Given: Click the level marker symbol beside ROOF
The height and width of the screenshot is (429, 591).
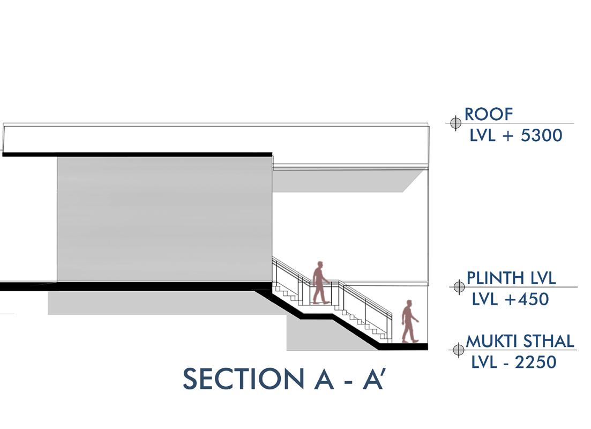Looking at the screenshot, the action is click(x=455, y=123).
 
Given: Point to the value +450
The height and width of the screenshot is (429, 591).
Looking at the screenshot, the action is click(x=527, y=299).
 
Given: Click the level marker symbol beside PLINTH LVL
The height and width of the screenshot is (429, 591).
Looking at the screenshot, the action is click(x=459, y=287).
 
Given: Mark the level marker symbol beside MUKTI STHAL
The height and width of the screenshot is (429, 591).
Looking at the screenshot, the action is click(x=459, y=350).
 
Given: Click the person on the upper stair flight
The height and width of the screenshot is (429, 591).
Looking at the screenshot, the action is click(x=320, y=283).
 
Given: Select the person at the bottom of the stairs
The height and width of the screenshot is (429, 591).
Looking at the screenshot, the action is click(x=410, y=322).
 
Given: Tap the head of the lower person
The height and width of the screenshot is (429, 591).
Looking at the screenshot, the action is click(x=410, y=304).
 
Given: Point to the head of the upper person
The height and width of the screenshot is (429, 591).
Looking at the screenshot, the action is click(x=320, y=265).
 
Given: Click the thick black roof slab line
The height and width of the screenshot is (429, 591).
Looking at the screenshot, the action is click(x=137, y=154).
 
